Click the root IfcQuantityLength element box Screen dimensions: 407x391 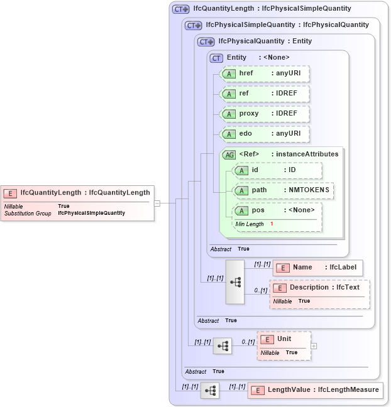[77, 202]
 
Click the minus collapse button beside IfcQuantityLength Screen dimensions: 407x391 [157, 203]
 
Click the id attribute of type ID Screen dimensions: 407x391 [277, 170]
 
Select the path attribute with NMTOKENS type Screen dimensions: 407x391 [283, 190]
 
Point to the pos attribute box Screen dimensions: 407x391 [277, 210]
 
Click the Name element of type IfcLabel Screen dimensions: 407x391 [317, 267]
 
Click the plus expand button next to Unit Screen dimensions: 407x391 [314, 346]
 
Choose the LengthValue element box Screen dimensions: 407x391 [314, 390]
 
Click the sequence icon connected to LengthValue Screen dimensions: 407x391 [210, 390]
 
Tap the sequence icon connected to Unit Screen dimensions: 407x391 [223, 346]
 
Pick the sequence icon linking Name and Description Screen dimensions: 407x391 [235, 282]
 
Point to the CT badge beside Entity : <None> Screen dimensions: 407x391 [216, 58]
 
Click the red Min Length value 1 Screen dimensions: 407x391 [272, 224]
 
